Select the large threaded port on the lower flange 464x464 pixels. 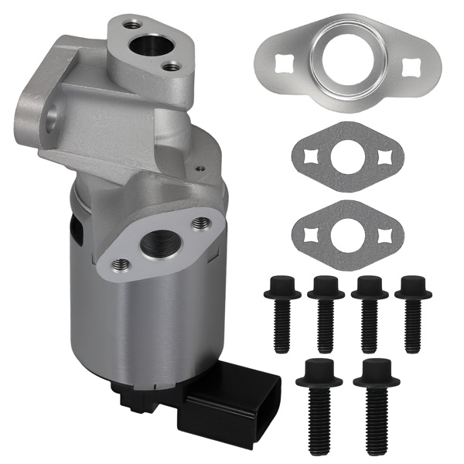click(161, 246)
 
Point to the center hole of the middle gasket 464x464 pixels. click(346, 160)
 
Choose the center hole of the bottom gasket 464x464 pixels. click(346, 230)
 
